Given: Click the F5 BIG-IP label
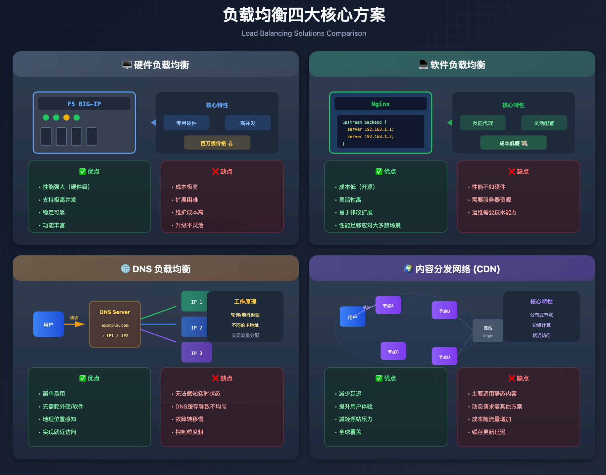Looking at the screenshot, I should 84,104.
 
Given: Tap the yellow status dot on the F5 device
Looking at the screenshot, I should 66,117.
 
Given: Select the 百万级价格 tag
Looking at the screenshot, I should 217,143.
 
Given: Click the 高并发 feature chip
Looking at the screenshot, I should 247,123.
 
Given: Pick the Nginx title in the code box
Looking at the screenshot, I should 380,104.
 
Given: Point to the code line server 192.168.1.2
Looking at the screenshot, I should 370,136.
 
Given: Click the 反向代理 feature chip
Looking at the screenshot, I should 482,123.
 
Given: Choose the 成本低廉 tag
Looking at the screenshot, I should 513,143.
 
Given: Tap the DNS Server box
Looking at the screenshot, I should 115,324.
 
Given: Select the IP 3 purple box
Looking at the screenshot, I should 196,353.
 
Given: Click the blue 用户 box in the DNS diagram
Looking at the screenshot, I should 48,324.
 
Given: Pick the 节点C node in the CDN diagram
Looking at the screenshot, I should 393,351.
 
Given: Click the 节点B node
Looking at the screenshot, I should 444,311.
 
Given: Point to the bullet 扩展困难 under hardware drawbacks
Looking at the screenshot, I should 186,200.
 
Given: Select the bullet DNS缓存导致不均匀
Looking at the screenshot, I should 201,407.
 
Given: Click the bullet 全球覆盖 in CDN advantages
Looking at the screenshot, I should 350,432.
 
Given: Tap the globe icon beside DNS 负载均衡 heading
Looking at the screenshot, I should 125,269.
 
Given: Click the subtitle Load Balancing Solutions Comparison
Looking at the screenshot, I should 304,33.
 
